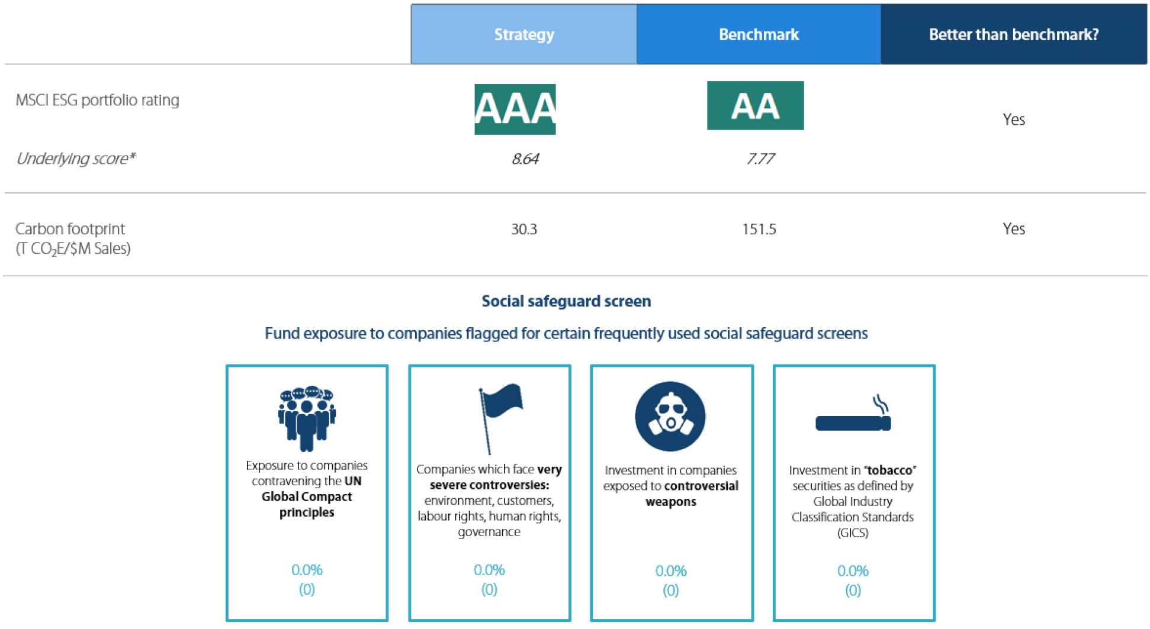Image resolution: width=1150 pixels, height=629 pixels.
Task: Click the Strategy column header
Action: tap(524, 34)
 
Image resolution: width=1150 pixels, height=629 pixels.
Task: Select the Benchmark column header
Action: tap(759, 34)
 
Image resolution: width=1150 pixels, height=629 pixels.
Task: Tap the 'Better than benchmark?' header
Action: tap(1013, 34)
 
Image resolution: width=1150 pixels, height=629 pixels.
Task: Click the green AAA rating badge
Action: tap(515, 109)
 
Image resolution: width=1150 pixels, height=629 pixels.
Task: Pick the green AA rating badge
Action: tap(755, 106)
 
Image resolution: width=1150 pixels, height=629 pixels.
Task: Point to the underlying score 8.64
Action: tap(525, 159)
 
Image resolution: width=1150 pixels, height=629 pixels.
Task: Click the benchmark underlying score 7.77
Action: tap(760, 159)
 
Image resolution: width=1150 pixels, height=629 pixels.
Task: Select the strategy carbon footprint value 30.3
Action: tap(524, 229)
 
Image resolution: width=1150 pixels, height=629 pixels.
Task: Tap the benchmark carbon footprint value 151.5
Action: tap(759, 229)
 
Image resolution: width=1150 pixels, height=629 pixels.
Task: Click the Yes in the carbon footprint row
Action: tap(1013, 229)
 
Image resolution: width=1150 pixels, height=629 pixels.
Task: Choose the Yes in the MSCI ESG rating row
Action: tap(1013, 120)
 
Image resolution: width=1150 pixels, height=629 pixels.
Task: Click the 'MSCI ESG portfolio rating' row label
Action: tap(97, 100)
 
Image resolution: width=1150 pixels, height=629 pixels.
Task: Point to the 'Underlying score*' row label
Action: tap(75, 159)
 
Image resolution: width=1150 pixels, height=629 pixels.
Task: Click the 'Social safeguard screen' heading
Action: tap(566, 301)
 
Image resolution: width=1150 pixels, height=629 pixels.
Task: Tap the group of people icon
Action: tap(307, 418)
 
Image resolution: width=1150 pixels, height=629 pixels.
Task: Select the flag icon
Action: tap(499, 416)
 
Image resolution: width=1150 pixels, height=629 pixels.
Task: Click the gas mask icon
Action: tap(670, 417)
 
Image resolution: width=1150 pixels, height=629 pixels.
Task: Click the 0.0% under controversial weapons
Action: tap(670, 571)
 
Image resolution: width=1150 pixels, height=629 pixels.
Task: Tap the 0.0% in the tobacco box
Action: tap(852, 571)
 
